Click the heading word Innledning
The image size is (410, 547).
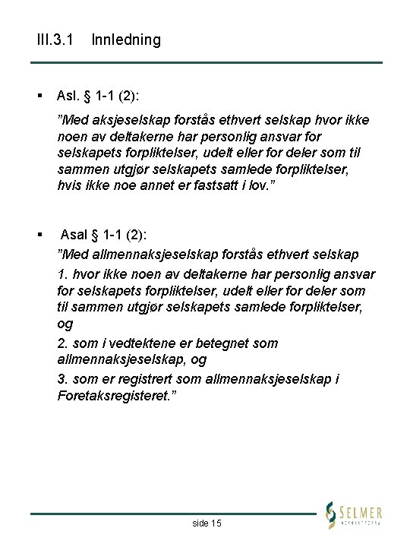126,40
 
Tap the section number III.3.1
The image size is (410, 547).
55,40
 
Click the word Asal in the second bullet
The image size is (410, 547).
74,233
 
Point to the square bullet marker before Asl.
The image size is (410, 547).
37,95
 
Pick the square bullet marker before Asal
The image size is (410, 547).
37,233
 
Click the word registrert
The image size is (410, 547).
140,379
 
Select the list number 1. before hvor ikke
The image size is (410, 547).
62,271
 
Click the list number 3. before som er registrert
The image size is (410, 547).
62,379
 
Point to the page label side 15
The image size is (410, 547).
207,523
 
